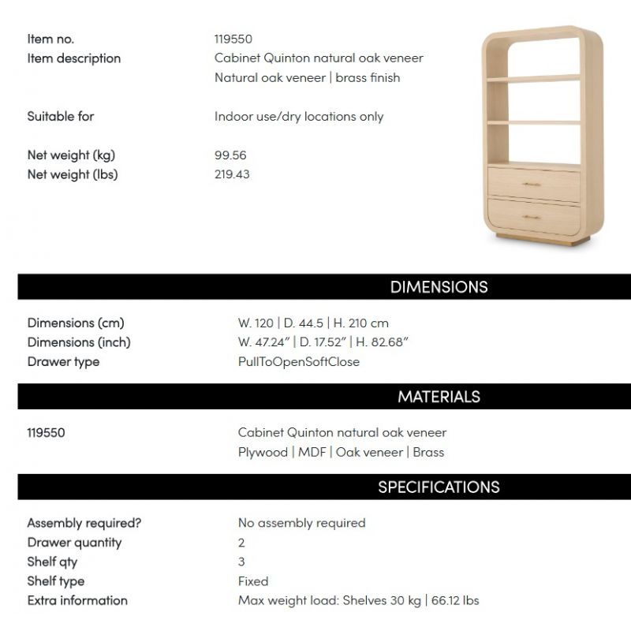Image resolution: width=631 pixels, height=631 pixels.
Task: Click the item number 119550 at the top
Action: [x=233, y=39]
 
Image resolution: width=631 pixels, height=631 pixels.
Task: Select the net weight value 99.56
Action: [x=230, y=155]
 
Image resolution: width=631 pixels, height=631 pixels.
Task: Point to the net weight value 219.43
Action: [x=232, y=174]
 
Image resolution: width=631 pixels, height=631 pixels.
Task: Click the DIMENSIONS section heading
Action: [x=439, y=287]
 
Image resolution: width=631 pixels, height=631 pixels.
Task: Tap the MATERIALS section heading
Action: [x=439, y=397]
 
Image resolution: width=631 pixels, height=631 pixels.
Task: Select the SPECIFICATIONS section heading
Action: [x=439, y=487]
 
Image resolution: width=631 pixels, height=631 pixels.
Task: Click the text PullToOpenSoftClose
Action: [x=298, y=362]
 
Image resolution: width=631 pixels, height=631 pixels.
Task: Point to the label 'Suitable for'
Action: [x=61, y=117]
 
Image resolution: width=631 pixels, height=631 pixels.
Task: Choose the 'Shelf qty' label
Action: [x=52, y=562]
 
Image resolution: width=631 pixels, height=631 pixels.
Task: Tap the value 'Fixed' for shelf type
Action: [x=253, y=581]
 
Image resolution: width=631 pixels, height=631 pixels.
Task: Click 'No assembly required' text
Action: [x=301, y=523]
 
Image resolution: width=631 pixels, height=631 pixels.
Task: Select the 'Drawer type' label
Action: [x=63, y=362]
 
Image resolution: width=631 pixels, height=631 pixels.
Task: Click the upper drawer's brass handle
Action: [x=532, y=185]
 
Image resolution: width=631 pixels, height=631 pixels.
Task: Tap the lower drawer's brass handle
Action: [x=532, y=218]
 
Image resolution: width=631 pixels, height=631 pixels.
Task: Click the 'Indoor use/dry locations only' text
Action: [x=299, y=117]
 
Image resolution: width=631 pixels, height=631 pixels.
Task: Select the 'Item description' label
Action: [x=74, y=58]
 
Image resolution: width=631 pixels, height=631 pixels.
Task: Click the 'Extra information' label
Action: [x=77, y=600]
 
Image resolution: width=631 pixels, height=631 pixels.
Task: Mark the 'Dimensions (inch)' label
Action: [x=79, y=342]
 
